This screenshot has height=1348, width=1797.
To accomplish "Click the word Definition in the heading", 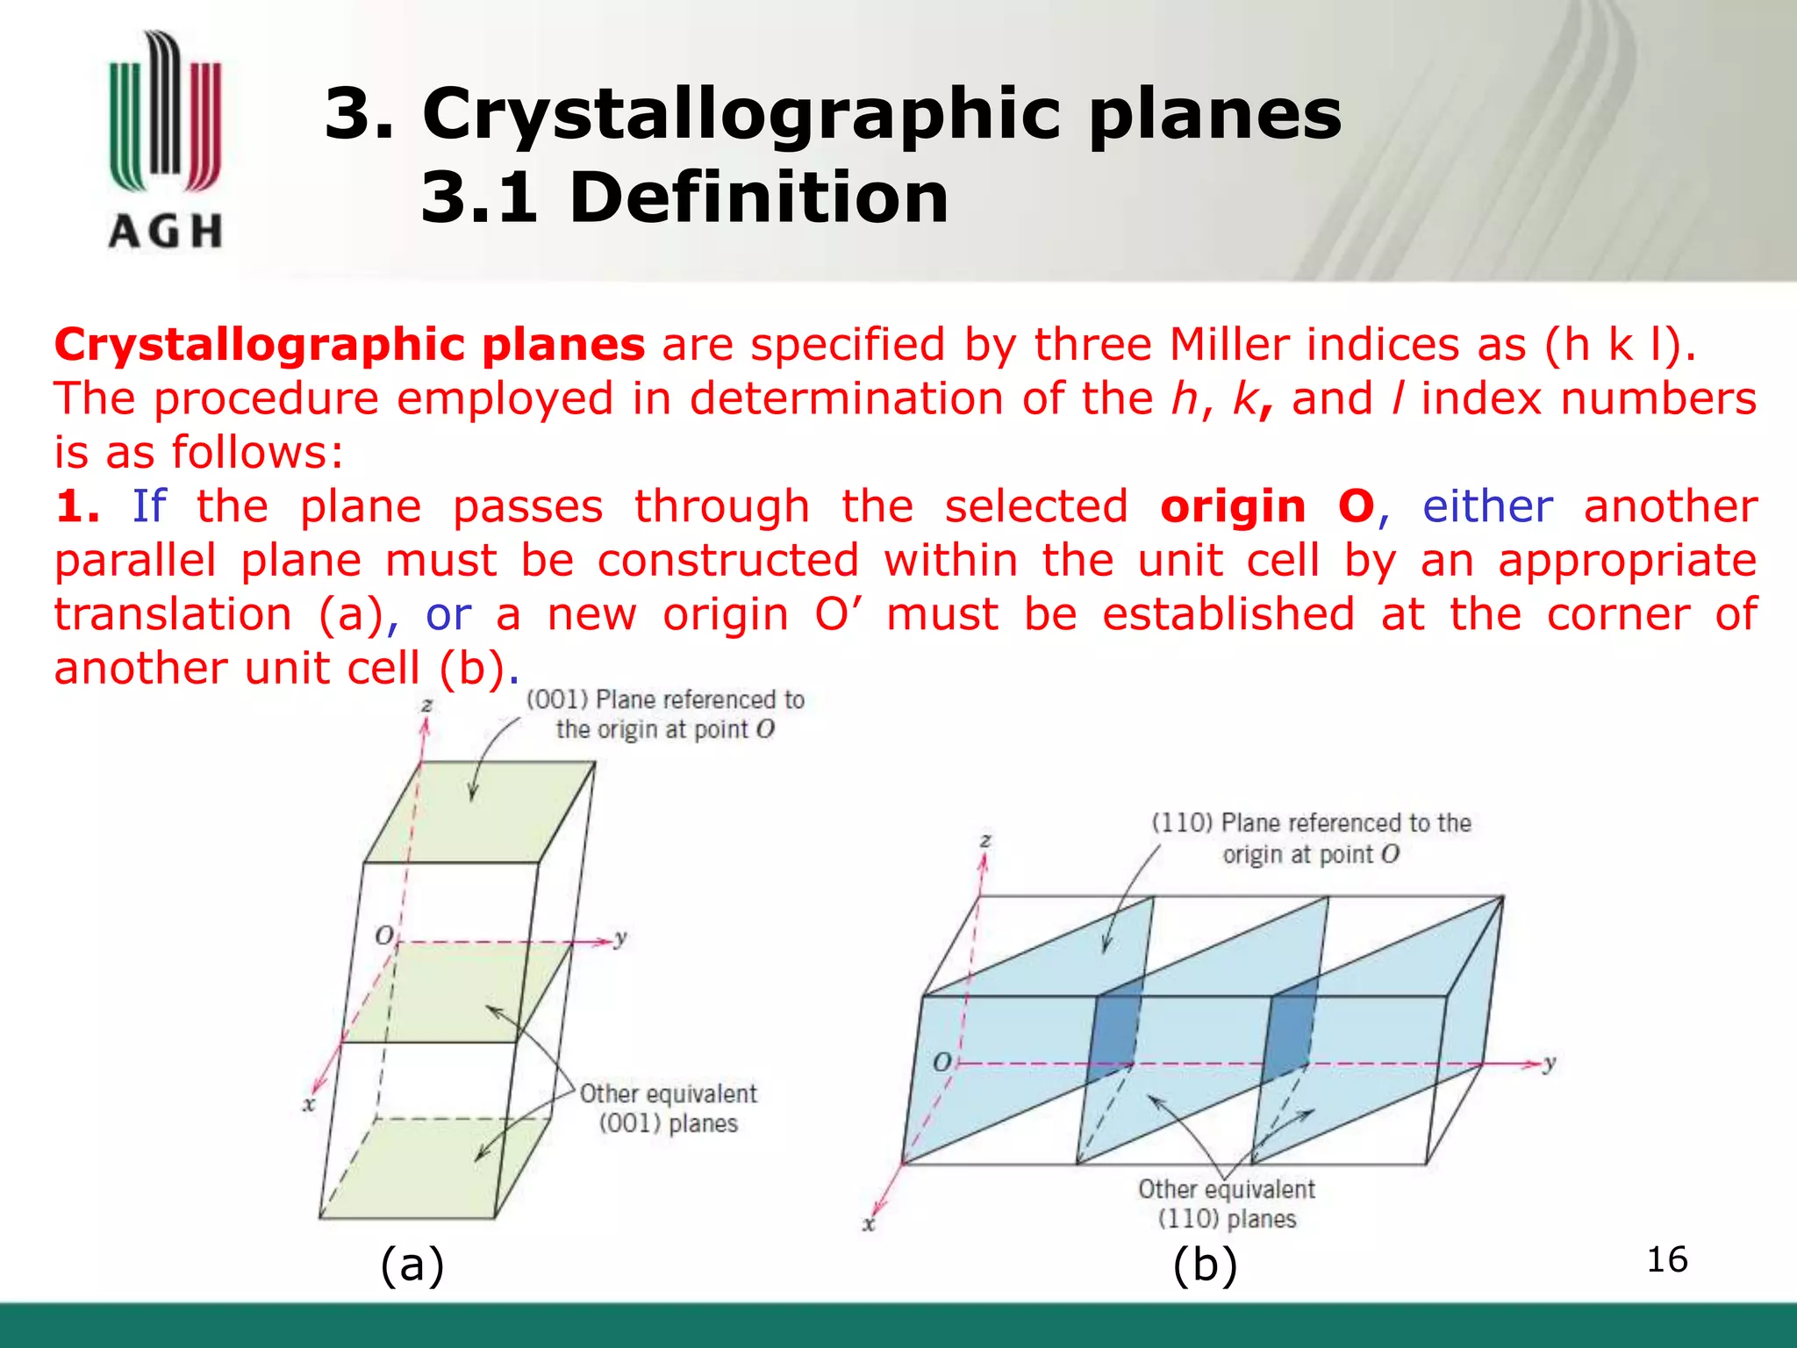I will pos(759,197).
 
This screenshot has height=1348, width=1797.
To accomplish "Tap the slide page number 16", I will pos(1666,1260).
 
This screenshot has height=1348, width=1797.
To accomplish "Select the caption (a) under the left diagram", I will pos(412,1265).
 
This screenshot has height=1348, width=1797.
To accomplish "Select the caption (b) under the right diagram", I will pos(1205,1265).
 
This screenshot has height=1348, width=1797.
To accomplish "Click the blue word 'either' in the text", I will pos(1487,507).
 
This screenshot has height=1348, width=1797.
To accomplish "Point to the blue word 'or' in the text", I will pos(448,615).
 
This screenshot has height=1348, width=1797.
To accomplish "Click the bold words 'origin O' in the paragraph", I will pos(1266,507).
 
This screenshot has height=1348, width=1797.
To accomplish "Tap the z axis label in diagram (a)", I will pos(427,705).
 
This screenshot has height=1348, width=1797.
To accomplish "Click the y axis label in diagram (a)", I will pos(621,937).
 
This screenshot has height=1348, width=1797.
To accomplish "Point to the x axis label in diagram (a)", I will pos(309,1104).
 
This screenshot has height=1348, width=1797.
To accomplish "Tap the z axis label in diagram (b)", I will pos(985,840).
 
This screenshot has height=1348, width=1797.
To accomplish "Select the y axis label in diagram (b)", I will pos(1550,1063).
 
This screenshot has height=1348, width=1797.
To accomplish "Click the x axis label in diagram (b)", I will pos(869,1223).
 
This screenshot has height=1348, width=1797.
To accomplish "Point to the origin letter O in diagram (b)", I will pos(941,1062).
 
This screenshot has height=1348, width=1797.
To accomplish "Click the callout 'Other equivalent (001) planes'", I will pos(668,1108).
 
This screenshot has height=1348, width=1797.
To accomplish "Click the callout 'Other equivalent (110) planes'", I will pos(1227,1204).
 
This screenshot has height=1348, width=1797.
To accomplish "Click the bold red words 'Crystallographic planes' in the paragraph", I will pos(349,345).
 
